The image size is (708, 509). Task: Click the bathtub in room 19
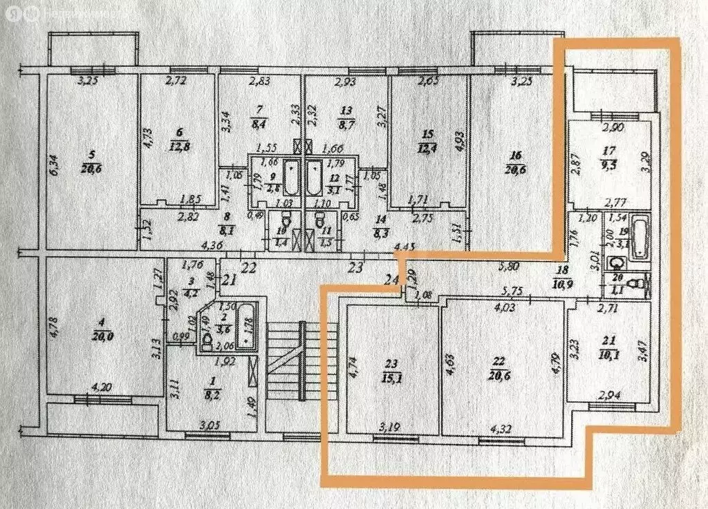click(642, 235)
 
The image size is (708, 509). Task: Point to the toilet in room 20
click(642, 282)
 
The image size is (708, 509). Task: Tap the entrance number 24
click(392, 279)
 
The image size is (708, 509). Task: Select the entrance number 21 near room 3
click(230, 280)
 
